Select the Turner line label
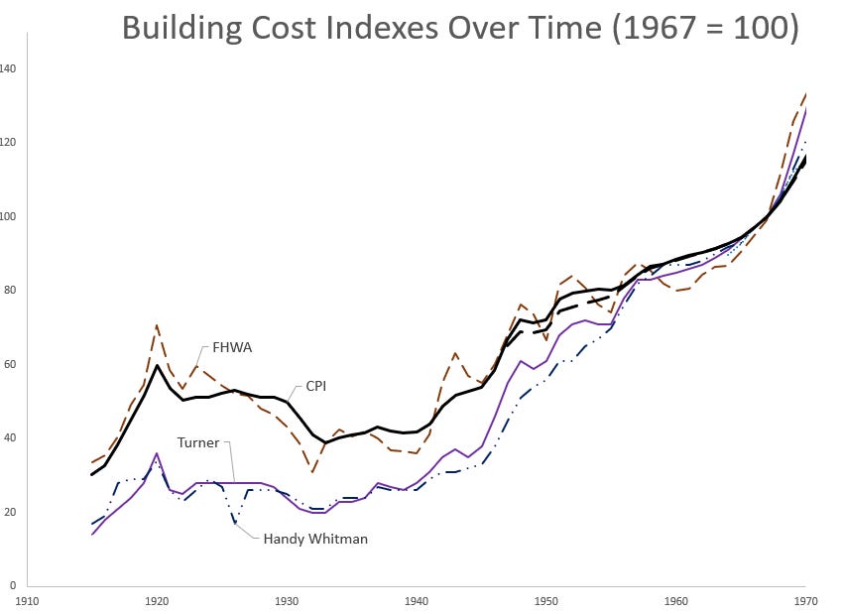click(x=198, y=442)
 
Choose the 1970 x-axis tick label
click(x=805, y=599)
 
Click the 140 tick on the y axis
click(x=8, y=68)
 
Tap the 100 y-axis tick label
click(x=8, y=216)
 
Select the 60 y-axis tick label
click(x=8, y=364)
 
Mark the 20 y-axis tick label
click(x=8, y=512)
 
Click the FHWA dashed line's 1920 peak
click(x=157, y=324)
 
